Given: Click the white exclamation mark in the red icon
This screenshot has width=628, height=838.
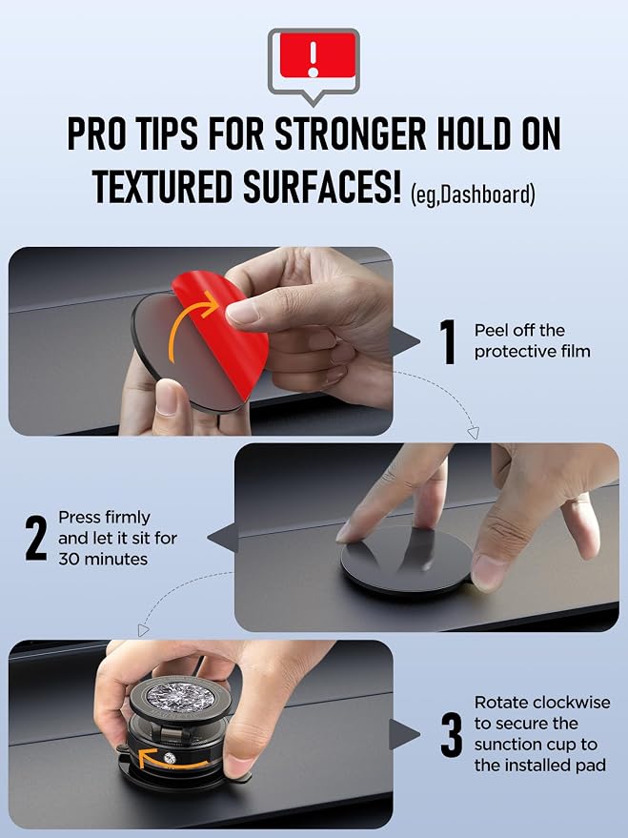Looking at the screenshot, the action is tap(314, 59).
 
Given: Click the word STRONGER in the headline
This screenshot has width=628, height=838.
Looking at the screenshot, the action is tap(351, 133).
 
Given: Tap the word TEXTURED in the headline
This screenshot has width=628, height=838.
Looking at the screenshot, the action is tap(162, 187).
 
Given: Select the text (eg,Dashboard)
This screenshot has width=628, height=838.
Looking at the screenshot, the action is tap(473, 194).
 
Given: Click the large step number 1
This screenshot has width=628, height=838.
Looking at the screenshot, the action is tap(448, 342).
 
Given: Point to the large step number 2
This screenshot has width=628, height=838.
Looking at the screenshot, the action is tap(36, 539).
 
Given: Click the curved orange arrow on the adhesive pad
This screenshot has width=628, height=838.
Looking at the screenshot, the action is tap(190, 326).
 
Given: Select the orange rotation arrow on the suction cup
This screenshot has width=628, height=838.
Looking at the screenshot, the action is tap(171, 760).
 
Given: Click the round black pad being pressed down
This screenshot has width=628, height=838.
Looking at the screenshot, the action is tap(406, 560).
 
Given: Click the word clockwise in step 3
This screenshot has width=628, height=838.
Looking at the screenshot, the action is tap(572, 703).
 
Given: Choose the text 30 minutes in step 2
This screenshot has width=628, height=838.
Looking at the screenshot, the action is tap(103, 559).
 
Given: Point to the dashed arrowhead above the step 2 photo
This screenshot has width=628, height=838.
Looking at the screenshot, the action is tap(473, 433).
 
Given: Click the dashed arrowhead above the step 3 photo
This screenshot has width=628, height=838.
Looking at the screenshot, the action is tap(143, 630).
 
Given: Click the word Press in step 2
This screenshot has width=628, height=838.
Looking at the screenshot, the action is tap(79, 518).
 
